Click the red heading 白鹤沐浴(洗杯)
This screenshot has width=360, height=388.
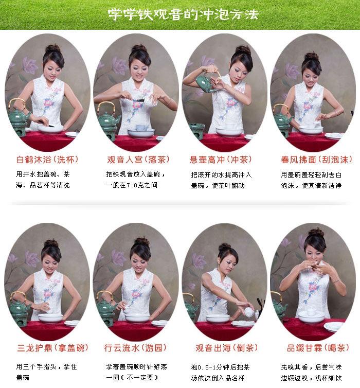[47, 159]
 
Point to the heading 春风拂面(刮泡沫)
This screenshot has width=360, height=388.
[313, 159]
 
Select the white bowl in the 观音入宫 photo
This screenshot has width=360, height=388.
[140, 132]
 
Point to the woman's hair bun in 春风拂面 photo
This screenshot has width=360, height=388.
[312, 56]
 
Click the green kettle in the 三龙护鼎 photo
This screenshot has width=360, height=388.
[19, 307]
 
